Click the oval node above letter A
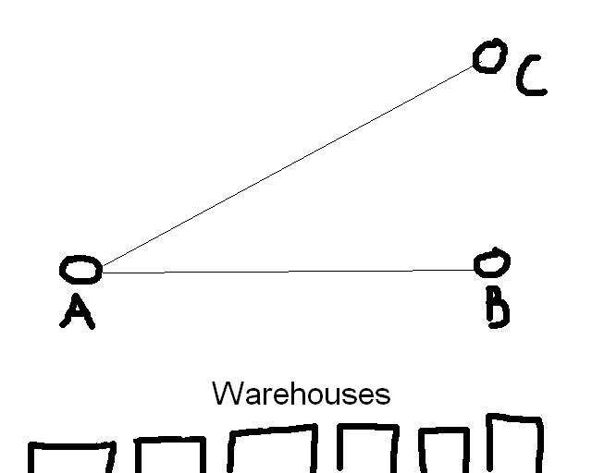[x=80, y=270]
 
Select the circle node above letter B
[x=491, y=264]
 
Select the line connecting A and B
[x=287, y=272]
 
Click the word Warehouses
[x=301, y=394]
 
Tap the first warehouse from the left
[x=71, y=460]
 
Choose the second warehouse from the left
[x=169, y=456]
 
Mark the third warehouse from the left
[x=272, y=451]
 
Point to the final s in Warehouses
[x=383, y=397]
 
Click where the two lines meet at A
[x=100, y=271]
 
